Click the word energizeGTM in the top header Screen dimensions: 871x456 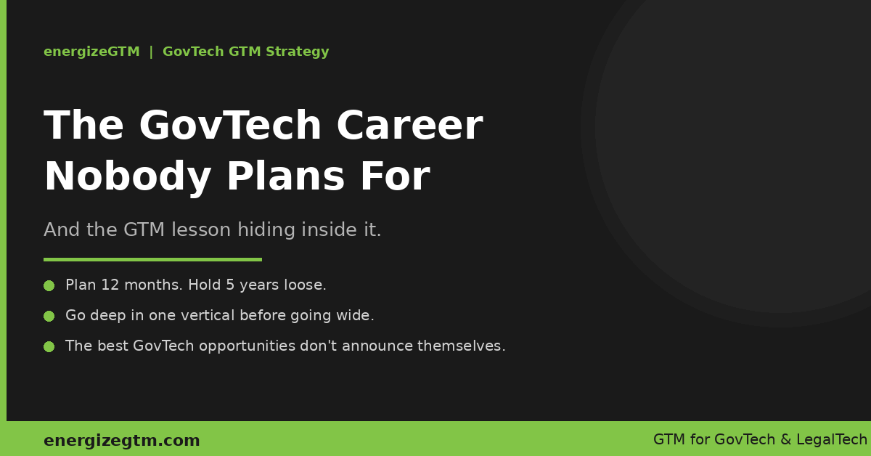click(91, 52)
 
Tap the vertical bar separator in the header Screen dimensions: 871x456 click(151, 52)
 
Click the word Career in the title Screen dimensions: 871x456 click(409, 126)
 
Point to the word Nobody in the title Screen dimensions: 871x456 click(128, 177)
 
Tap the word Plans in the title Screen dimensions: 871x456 click(286, 176)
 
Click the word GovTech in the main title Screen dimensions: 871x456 click(230, 126)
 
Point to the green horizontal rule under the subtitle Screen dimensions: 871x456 click(153, 259)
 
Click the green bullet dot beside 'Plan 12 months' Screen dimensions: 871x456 click(49, 285)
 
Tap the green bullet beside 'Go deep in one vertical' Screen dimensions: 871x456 click(49, 317)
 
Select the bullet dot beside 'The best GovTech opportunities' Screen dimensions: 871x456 click(49, 346)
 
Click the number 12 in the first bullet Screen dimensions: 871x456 click(110, 285)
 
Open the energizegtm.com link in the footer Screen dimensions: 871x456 click(122, 441)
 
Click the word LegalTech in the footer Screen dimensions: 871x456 click(832, 439)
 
